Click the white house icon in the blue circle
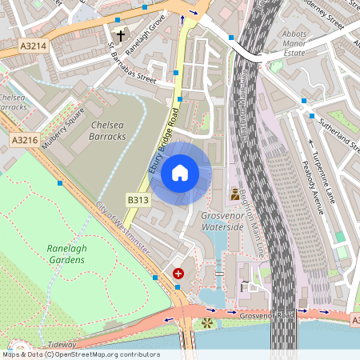click(x=180, y=172)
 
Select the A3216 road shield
click(x=25, y=140)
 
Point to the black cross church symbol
click(x=121, y=35)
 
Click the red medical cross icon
click(x=178, y=274)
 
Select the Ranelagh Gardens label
click(x=66, y=254)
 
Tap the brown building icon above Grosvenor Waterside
click(x=234, y=194)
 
